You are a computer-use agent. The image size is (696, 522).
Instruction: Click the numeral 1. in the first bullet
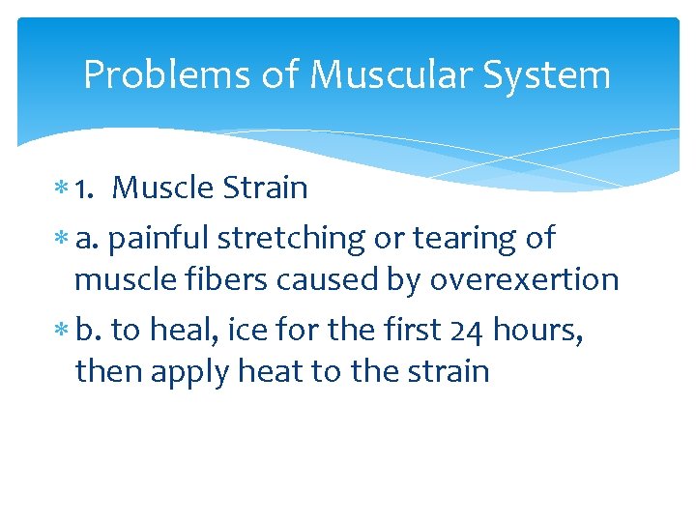click(x=85, y=188)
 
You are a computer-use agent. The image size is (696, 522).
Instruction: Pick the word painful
click(x=160, y=237)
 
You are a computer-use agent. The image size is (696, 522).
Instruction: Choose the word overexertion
click(x=524, y=279)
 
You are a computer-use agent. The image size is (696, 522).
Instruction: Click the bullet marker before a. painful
click(x=62, y=239)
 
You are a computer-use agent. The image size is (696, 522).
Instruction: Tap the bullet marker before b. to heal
click(x=62, y=331)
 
